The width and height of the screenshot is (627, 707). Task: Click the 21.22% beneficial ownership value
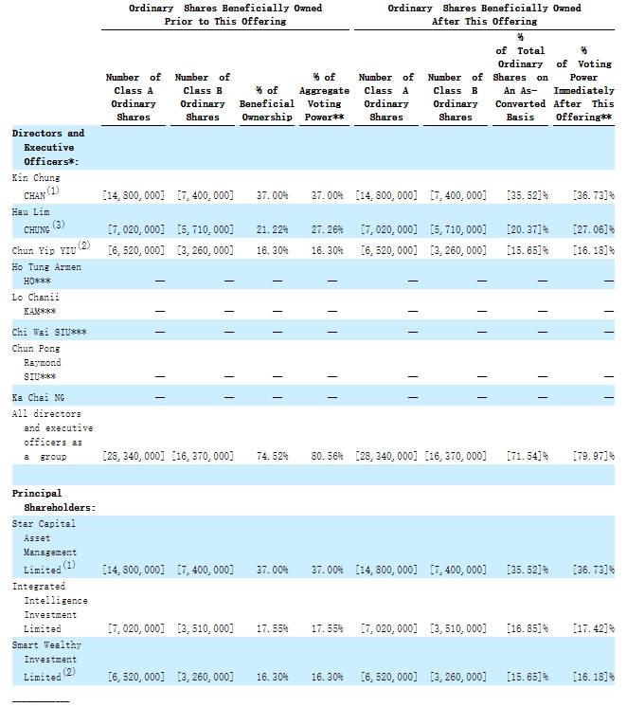pos(272,229)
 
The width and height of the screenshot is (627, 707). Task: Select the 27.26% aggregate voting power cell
pos(327,229)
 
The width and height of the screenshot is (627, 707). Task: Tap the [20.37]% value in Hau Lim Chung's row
pos(528,229)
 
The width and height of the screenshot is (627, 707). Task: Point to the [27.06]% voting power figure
pos(594,229)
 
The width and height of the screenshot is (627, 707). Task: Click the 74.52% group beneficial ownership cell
pos(272,456)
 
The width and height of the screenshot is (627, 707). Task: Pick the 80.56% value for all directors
pos(327,456)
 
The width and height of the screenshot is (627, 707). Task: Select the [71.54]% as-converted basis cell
pos(528,456)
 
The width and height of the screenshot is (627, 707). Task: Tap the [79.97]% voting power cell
pos(594,456)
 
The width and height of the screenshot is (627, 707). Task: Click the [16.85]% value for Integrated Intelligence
pos(528,628)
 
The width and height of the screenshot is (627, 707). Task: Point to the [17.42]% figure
pos(594,628)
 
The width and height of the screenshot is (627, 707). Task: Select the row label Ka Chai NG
pos(38,398)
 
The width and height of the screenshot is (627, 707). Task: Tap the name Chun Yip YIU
pos(44,250)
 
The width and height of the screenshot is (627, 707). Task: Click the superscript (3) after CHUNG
pos(59,224)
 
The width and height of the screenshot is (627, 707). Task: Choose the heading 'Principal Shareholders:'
pos(54,500)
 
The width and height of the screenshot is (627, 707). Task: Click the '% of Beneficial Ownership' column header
pos(267,103)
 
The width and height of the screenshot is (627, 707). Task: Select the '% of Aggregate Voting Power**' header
pos(324,97)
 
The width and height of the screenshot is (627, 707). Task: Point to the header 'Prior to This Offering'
pos(224,21)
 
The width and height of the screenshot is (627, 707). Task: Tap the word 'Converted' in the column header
pos(520,103)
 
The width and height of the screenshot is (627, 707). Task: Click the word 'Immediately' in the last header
pos(583,91)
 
